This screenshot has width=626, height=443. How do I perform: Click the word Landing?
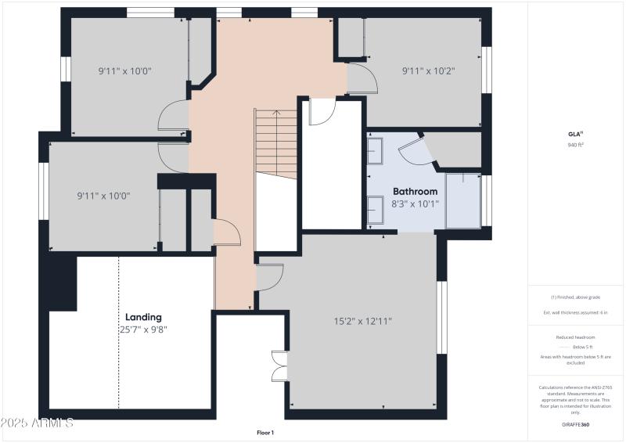click(143, 317)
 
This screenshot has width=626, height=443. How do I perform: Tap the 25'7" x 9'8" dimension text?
click(143, 330)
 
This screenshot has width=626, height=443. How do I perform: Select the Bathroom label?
click(415, 191)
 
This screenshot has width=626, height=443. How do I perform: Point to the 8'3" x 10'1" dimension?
click(416, 203)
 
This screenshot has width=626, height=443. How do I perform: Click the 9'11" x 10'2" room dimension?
click(428, 70)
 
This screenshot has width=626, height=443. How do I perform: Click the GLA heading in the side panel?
click(575, 134)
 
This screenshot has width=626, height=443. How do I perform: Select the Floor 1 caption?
click(265, 432)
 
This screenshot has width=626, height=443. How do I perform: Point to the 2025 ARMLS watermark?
click(37, 423)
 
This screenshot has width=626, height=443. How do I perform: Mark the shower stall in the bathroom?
click(462, 201)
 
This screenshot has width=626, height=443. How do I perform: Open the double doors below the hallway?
click(278, 366)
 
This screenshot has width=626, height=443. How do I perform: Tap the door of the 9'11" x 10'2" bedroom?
click(362, 79)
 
